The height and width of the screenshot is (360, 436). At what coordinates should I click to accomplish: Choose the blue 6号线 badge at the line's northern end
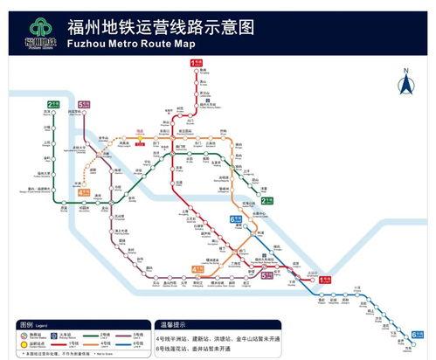tap(235, 219)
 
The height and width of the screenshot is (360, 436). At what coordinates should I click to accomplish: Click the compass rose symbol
tap(405, 86)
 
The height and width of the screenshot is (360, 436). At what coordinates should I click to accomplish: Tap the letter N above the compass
tap(405, 69)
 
